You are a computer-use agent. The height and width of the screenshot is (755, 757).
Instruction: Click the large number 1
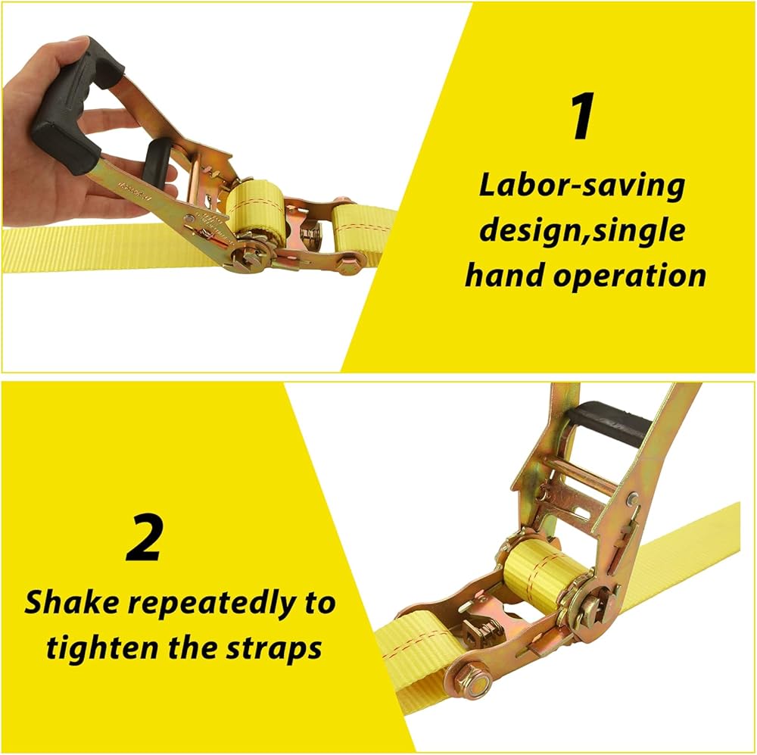coord(582,117)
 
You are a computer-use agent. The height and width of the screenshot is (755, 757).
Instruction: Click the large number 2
coord(143,538)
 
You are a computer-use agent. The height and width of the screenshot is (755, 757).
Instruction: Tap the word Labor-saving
coord(581,186)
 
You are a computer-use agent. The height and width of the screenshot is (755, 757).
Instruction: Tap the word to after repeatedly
coord(319,604)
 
